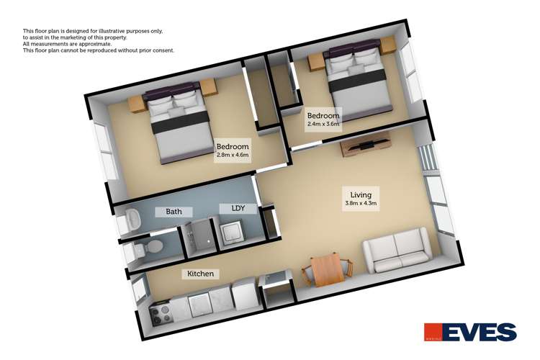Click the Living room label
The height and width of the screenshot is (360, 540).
tap(361, 195)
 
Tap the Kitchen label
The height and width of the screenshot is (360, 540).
tap(200, 274)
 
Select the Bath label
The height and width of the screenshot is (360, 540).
tap(174, 212)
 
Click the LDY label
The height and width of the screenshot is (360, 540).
tap(238, 209)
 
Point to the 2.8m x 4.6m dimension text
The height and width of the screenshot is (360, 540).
tap(233, 155)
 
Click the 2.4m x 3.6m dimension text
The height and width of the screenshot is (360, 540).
tap(323, 124)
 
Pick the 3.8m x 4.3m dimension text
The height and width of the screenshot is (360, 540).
tap(361, 204)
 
